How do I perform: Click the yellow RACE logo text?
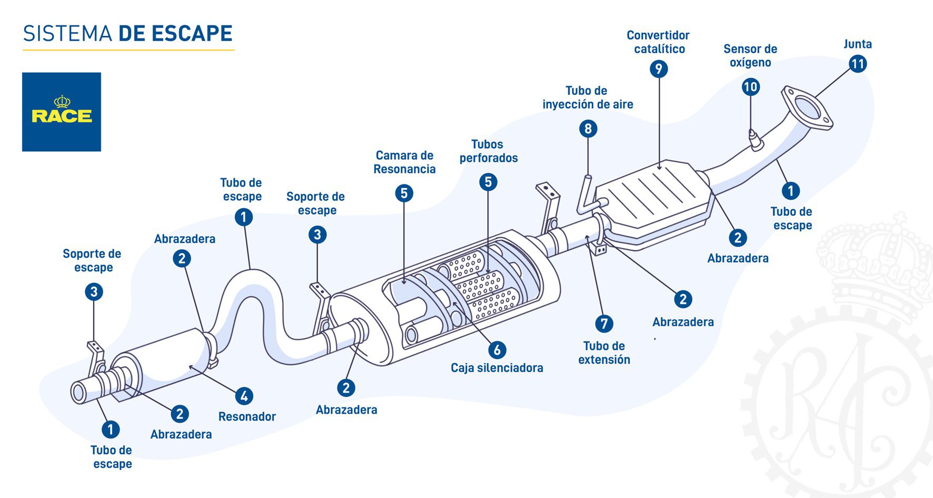[x=62, y=115]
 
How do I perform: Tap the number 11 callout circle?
[x=858, y=64]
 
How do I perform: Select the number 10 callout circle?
[x=750, y=87]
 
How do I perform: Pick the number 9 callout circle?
[x=658, y=69]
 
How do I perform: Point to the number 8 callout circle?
[x=588, y=129]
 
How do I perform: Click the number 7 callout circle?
[x=604, y=324]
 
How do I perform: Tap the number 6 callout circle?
[x=497, y=349]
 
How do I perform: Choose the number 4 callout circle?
[x=244, y=396]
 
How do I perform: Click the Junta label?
[x=857, y=44]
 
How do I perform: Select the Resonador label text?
[x=247, y=417]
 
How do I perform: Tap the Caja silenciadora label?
[x=497, y=368]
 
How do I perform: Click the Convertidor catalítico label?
[x=658, y=42]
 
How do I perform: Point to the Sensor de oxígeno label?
[x=750, y=56]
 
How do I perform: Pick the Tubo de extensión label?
[x=604, y=353]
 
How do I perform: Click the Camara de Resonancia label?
[x=404, y=162]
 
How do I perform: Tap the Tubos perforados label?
[x=488, y=151]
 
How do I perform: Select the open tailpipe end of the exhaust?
[x=79, y=393]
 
